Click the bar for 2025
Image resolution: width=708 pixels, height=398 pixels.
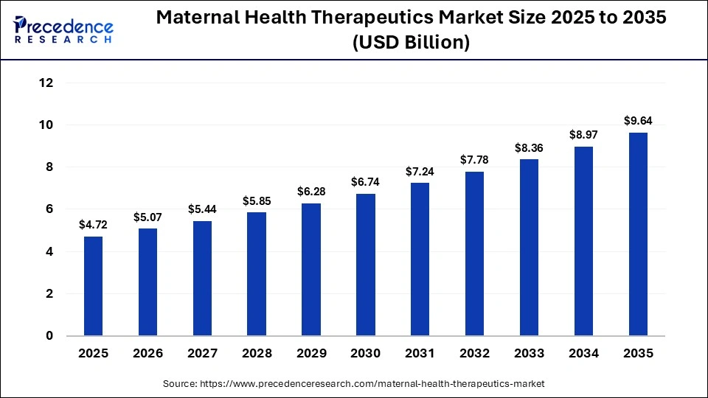(x=93, y=286)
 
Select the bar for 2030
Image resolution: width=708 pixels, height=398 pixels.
(x=366, y=265)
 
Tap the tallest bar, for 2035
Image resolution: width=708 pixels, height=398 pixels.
(x=638, y=234)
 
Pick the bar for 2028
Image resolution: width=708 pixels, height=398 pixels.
(x=257, y=273)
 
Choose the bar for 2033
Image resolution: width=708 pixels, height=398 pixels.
(x=529, y=247)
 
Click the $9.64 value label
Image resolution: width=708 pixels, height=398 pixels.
(x=638, y=121)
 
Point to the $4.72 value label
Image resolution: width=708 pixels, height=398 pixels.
(x=93, y=224)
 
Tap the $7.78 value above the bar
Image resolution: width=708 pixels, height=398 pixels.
(x=474, y=160)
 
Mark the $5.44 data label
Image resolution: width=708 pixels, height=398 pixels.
(x=202, y=209)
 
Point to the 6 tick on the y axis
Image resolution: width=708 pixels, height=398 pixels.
(x=49, y=209)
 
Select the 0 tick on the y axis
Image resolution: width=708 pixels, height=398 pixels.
(x=49, y=336)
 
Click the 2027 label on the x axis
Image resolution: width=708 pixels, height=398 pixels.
(x=202, y=354)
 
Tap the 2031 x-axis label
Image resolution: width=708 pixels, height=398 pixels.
(x=420, y=354)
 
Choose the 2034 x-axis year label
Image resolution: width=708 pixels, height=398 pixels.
(x=583, y=354)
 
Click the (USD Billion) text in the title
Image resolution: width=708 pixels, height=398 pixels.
(x=412, y=43)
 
